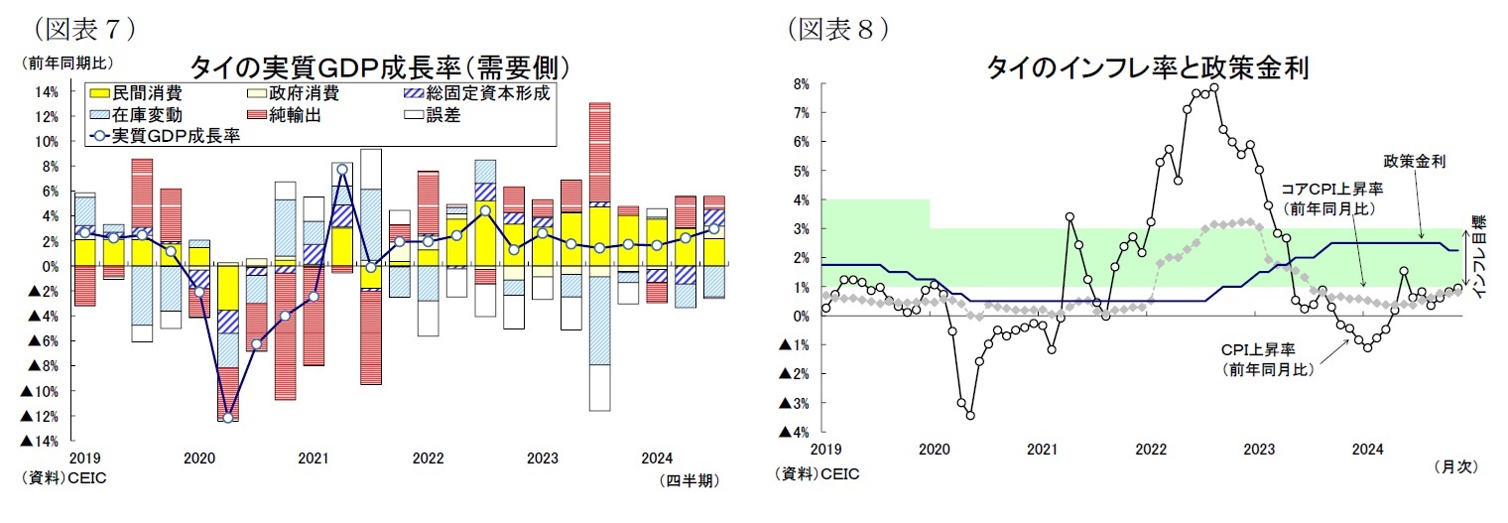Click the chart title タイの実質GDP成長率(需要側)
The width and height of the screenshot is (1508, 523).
point(379,67)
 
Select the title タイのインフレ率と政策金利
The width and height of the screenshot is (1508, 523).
point(1147,67)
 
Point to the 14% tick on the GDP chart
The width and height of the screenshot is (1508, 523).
point(48,92)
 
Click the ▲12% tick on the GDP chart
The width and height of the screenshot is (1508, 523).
point(41,416)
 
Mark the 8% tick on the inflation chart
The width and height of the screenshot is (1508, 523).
point(801,84)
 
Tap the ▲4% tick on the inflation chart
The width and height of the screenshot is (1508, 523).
point(796,432)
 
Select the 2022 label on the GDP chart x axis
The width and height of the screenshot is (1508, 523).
point(428,458)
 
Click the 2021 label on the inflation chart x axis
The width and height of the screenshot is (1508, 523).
point(1042,450)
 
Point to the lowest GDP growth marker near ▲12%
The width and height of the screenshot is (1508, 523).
point(228,418)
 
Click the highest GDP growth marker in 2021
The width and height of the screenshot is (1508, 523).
point(342,170)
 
